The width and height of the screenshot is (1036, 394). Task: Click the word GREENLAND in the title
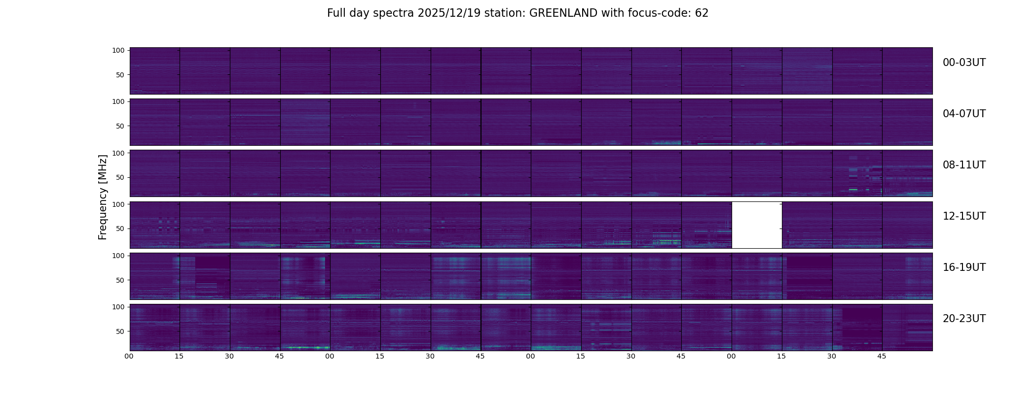[563, 13]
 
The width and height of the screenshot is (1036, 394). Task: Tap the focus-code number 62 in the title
[702, 13]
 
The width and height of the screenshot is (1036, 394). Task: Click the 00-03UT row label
[964, 63]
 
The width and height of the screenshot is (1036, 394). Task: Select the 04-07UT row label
[964, 114]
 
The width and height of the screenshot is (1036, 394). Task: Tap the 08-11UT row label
[964, 165]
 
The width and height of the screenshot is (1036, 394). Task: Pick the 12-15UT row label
[964, 216]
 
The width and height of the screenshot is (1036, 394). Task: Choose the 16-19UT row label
[964, 267]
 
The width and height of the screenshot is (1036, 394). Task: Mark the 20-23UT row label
[964, 319]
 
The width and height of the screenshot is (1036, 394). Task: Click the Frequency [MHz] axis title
[103, 197]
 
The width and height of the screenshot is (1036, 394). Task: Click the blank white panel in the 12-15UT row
[757, 225]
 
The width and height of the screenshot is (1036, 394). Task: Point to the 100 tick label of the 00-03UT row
[118, 50]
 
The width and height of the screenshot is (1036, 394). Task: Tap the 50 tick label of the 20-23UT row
[120, 331]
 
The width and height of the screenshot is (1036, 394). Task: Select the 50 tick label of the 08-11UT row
[120, 177]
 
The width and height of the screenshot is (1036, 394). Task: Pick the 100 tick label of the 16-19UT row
[118, 256]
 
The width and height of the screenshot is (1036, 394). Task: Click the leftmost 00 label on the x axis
[129, 356]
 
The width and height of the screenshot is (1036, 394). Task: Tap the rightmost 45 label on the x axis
[882, 356]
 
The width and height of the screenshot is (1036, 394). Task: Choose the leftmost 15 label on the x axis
[179, 356]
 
